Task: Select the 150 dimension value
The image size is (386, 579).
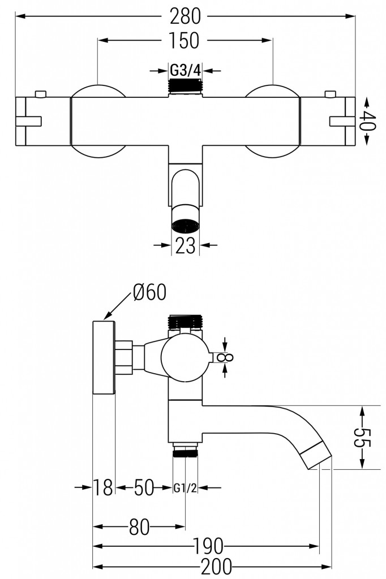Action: (185, 40)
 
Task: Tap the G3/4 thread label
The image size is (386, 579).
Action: (185, 70)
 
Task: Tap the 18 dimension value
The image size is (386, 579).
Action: (104, 487)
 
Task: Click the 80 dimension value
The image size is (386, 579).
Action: (139, 527)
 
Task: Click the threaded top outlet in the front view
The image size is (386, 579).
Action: (185, 87)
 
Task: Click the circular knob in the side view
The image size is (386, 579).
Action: (185, 356)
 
